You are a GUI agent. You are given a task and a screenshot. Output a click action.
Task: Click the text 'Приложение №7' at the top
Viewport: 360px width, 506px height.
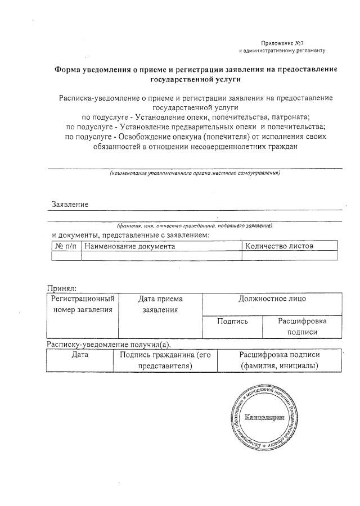tap(282, 43)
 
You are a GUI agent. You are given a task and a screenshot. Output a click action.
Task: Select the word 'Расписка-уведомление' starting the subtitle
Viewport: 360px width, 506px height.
tap(98, 98)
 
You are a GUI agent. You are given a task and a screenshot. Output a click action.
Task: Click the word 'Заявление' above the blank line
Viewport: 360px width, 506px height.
tap(70, 204)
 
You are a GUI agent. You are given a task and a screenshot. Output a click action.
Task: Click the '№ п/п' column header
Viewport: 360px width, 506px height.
tap(66, 246)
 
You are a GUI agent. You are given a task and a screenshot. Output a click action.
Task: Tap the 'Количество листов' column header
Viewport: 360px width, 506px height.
tap(279, 246)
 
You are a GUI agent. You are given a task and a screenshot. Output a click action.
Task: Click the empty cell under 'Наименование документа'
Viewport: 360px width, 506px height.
tap(161, 256)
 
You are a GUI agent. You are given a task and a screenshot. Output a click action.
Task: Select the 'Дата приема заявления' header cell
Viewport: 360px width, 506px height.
tap(160, 304)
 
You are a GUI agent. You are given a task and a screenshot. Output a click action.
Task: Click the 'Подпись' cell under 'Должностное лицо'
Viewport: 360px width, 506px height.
tap(232, 321)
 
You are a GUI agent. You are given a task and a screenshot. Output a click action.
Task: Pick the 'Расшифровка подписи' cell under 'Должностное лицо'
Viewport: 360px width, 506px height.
tap(303, 326)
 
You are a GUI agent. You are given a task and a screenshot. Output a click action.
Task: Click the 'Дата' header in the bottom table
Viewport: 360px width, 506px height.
tap(80, 355)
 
